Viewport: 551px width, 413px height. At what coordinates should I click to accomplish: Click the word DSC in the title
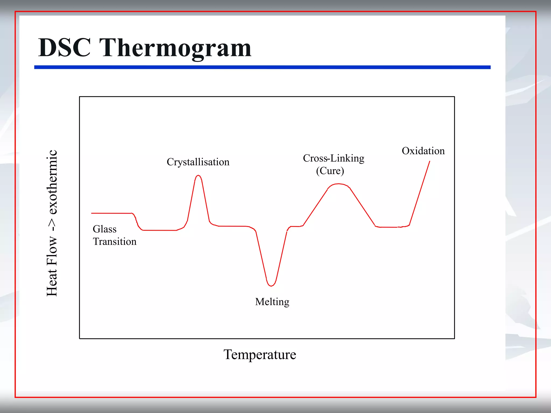tap(64, 48)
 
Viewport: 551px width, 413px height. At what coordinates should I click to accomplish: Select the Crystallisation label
tap(198, 162)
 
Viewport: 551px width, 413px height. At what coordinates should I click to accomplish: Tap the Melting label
tap(272, 302)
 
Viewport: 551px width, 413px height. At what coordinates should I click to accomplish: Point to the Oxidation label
tap(423, 151)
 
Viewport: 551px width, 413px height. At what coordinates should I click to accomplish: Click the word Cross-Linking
tap(333, 158)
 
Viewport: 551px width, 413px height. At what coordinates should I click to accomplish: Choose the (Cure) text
tap(330, 171)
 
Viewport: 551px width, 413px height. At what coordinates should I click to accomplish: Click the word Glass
tap(105, 229)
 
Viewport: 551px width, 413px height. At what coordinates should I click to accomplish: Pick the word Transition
tap(115, 241)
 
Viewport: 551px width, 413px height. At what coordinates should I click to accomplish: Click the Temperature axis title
tap(260, 354)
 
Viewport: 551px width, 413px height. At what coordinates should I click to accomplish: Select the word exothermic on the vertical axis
tap(52, 182)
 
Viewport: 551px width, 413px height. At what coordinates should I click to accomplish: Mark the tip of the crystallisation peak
tap(198, 176)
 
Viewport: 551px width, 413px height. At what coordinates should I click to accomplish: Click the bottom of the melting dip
tap(271, 286)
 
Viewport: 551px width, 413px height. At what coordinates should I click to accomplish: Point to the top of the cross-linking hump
tap(339, 184)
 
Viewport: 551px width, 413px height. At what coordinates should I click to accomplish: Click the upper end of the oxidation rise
tap(429, 161)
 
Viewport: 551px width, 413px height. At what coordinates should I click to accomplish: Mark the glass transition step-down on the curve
tap(137, 222)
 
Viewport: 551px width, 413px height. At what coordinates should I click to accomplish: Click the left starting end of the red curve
tap(92, 213)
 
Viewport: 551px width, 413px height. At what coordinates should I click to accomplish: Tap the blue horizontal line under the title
tap(262, 67)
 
